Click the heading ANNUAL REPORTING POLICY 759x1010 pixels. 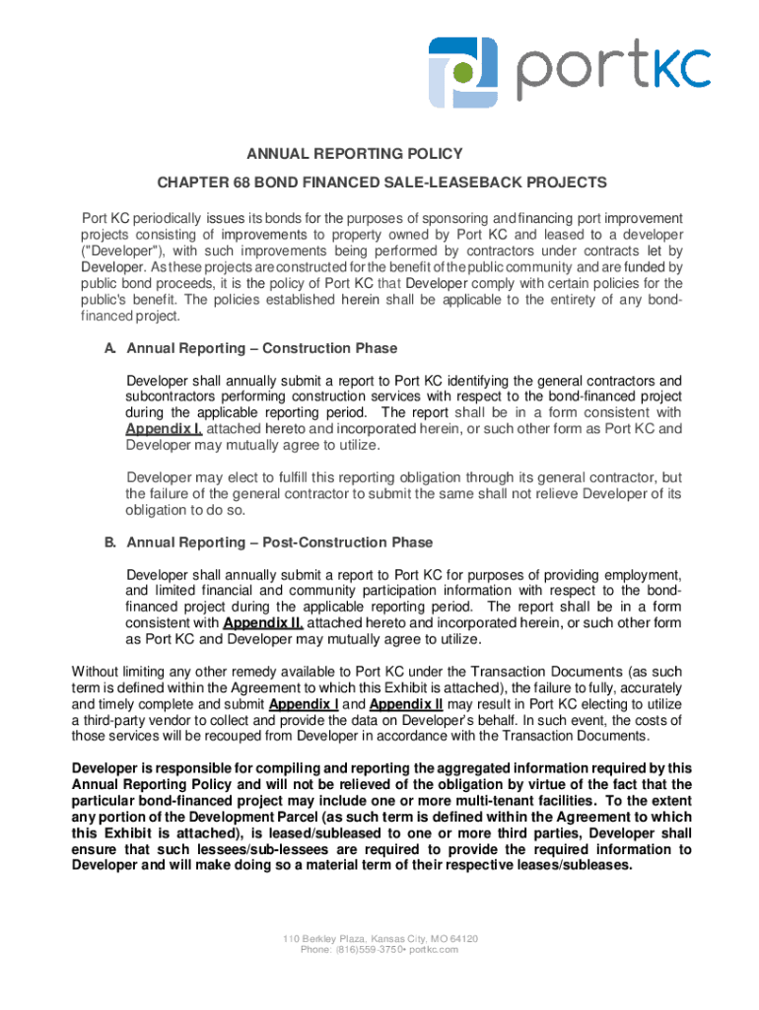354,154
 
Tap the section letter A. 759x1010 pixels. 110,348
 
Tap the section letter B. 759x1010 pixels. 110,542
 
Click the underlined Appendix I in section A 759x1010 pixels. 164,429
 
